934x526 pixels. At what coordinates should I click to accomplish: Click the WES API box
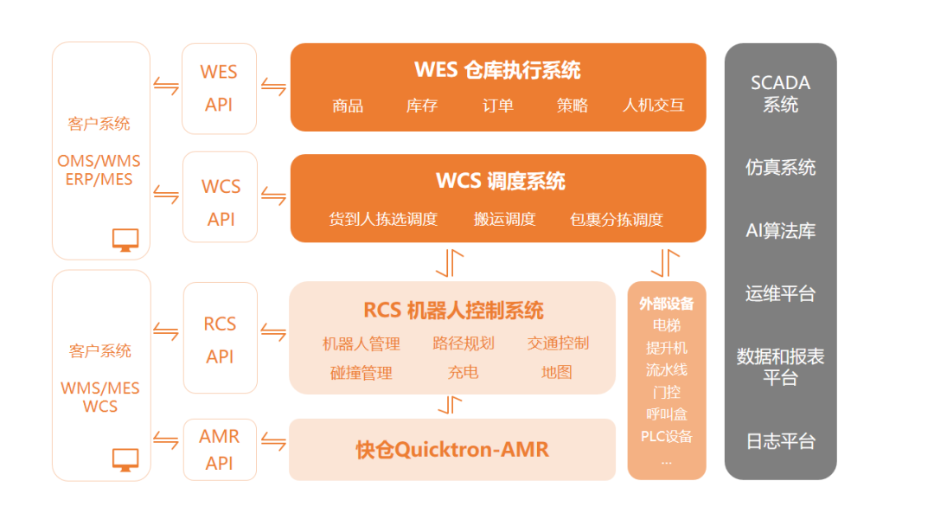point(219,88)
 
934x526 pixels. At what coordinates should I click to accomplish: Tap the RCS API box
point(220,339)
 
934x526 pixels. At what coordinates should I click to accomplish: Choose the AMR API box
point(220,450)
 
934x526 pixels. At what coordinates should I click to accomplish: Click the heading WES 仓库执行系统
point(497,69)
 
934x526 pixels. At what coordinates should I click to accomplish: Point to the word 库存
point(422,106)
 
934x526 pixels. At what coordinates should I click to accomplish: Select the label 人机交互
point(653,106)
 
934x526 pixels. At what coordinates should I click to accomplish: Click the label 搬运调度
point(505,219)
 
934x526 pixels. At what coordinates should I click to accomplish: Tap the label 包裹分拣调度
point(617,219)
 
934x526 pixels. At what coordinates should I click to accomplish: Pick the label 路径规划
point(464,343)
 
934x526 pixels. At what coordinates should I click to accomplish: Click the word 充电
point(464,373)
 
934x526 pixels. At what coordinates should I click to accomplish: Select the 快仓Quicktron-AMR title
point(452,450)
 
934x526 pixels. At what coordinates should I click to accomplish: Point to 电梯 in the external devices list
point(666,325)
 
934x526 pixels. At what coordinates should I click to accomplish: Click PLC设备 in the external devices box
point(666,437)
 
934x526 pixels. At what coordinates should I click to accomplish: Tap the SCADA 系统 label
point(780,94)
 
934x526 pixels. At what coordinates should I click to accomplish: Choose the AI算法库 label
point(780,230)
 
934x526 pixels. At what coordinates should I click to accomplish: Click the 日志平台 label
point(780,441)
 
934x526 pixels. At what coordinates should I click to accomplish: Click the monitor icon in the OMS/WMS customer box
point(125,240)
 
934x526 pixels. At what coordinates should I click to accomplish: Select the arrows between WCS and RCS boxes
point(450,262)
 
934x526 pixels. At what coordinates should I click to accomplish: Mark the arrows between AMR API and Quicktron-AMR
point(273,442)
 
